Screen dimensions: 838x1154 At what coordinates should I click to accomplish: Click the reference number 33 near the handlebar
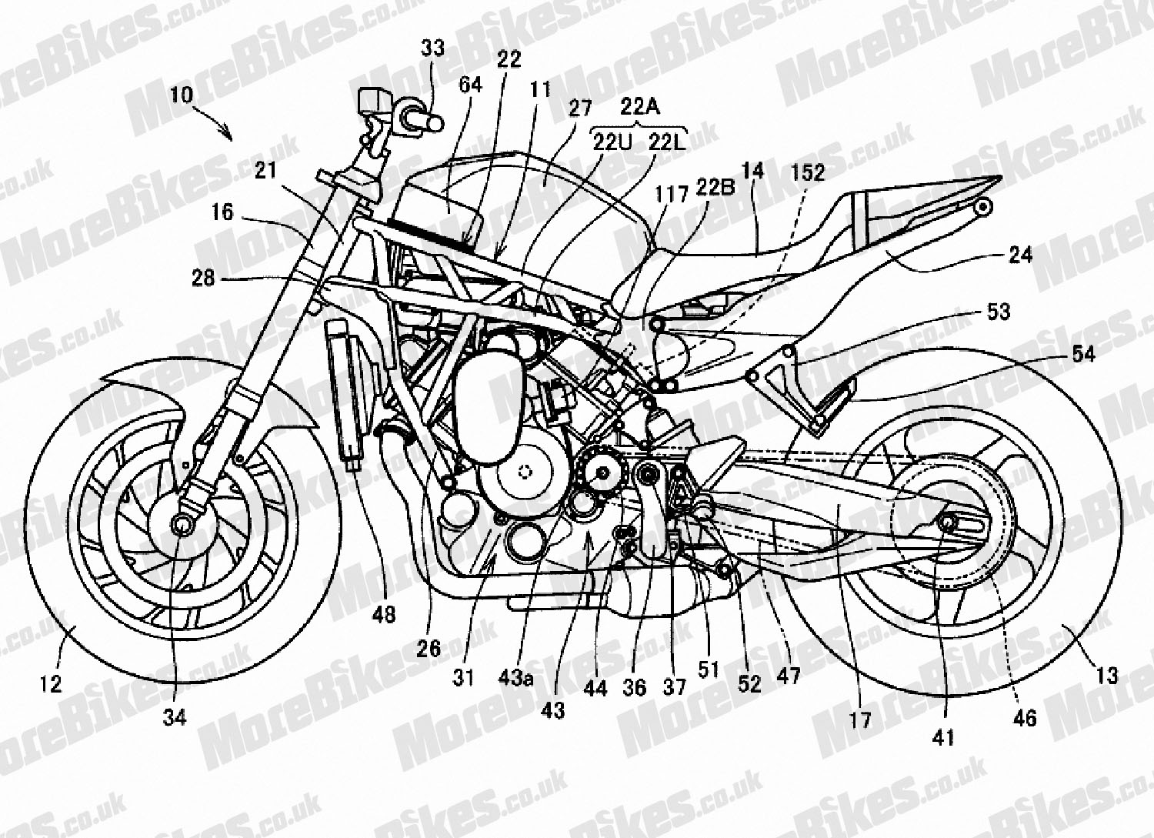(x=432, y=48)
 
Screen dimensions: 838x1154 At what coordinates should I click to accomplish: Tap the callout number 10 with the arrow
(x=183, y=95)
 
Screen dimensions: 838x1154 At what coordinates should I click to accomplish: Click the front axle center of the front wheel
(x=182, y=525)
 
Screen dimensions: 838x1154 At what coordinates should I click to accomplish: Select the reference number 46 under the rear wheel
(x=1026, y=718)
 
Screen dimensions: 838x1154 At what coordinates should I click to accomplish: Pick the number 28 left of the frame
(x=203, y=279)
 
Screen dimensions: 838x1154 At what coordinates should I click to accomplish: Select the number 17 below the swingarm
(x=859, y=719)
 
